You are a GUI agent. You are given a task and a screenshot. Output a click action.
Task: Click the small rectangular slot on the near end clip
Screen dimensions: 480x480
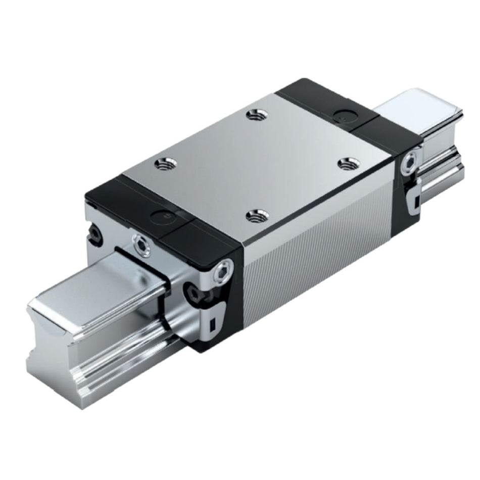pos(213,324)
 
